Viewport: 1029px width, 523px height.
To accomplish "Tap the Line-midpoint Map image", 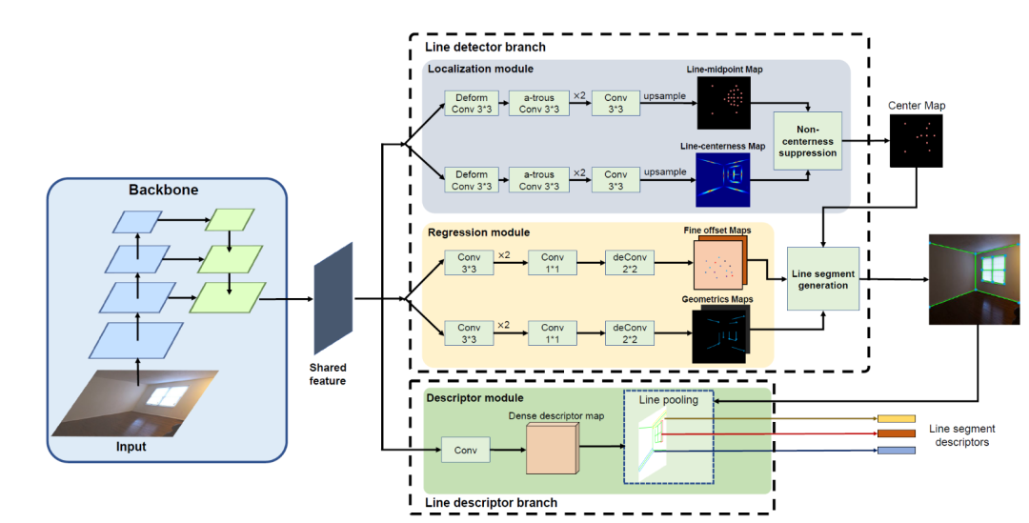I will click(724, 103).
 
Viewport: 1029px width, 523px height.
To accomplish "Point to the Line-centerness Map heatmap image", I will click(724, 180).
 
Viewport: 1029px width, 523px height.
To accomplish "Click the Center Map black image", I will click(916, 141).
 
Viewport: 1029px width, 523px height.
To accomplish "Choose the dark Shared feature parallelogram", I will click(333, 298).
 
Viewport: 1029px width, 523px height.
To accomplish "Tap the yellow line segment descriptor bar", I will click(896, 418).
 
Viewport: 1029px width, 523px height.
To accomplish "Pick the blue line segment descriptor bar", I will click(896, 450).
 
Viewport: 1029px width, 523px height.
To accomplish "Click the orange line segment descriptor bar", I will click(896, 433).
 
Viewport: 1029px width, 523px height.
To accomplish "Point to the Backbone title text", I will click(164, 190).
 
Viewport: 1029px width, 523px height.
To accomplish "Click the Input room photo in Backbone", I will click(140, 402).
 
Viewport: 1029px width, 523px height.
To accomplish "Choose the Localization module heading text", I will click(481, 70).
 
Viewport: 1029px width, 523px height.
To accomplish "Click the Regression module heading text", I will click(479, 232).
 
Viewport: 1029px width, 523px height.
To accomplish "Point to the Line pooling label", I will click(668, 400).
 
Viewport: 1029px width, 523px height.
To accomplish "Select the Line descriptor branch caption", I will click(492, 502).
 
